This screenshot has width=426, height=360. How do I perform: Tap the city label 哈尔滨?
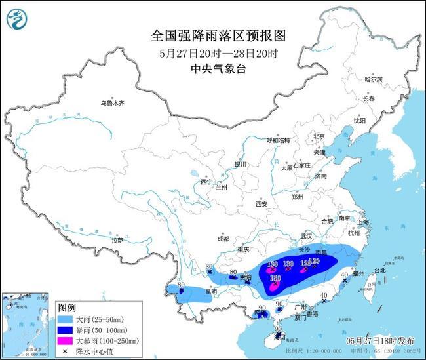pos(373,79)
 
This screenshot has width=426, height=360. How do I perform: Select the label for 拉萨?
pos(117,241)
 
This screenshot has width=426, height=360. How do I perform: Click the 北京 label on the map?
pos(319,136)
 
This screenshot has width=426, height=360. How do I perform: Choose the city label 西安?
pos(261,204)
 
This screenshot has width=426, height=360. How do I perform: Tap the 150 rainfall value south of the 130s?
pos(276,278)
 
